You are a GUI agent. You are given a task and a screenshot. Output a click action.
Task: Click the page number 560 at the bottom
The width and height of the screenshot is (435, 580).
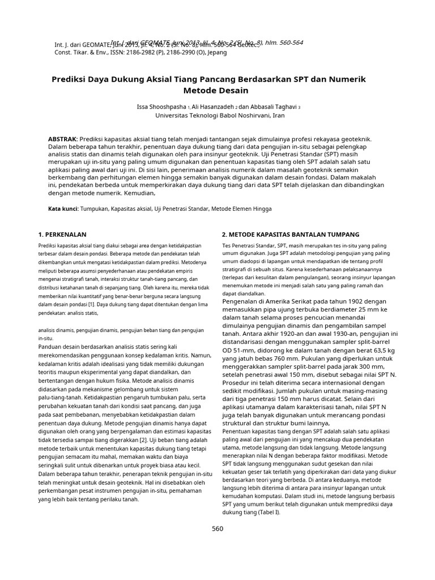point(217,529)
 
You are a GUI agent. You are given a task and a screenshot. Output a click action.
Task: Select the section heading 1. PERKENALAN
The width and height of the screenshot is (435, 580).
point(62,234)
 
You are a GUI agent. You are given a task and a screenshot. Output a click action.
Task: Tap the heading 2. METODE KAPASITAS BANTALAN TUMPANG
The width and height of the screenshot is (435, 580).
point(291,234)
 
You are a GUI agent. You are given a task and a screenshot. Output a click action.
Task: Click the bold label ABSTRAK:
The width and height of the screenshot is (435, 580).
point(63,139)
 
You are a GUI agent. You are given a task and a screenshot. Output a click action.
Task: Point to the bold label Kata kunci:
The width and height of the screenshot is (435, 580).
point(63,208)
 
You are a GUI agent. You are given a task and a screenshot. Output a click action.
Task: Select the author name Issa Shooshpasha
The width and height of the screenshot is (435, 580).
point(162,106)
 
